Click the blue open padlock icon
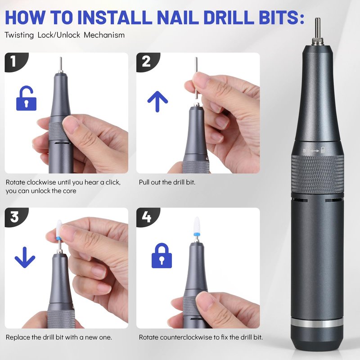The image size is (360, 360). tap(26, 98)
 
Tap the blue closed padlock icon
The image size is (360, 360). tap(162, 256)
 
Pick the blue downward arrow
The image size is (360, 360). tap(25, 257)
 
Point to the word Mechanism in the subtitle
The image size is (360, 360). tap(104, 35)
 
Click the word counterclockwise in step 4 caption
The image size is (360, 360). tap(186, 337)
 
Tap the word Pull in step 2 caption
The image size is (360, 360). tap(144, 182)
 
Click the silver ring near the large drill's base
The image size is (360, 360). tap(317, 322)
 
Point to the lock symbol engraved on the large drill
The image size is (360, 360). tap(323, 150)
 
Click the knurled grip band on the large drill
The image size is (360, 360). tap(318, 174)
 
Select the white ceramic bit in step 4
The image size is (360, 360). tap(197, 225)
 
